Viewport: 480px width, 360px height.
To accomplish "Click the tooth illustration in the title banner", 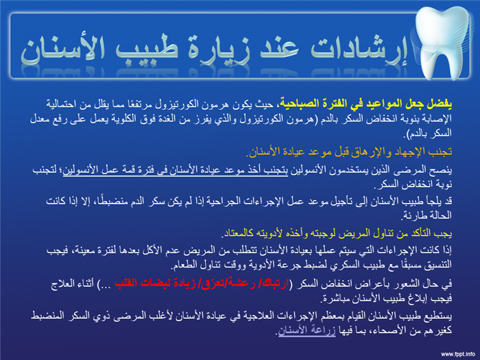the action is [444, 43].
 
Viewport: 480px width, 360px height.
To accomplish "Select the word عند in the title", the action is [279, 49].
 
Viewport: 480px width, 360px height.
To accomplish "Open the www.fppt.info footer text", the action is [458, 355].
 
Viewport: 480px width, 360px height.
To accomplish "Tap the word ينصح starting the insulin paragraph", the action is [443, 169].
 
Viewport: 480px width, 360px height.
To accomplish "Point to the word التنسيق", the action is [438, 265].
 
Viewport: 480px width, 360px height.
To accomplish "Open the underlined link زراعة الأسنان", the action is [307, 331].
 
